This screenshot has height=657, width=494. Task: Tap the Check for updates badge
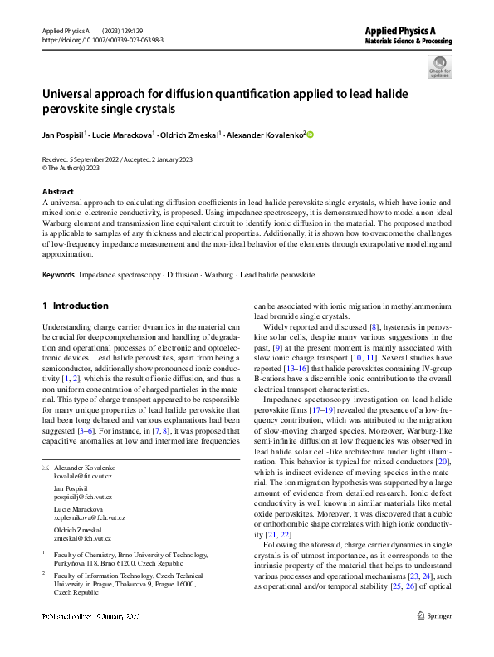tap(439, 66)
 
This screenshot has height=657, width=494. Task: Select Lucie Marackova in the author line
tap(129, 133)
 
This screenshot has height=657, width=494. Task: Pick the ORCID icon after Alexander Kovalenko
tap(311, 133)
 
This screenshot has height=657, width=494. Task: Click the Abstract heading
tap(57, 190)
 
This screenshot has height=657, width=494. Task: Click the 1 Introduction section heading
tap(76, 306)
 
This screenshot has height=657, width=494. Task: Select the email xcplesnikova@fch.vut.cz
tap(90, 517)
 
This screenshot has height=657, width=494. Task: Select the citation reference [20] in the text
tap(445, 459)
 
